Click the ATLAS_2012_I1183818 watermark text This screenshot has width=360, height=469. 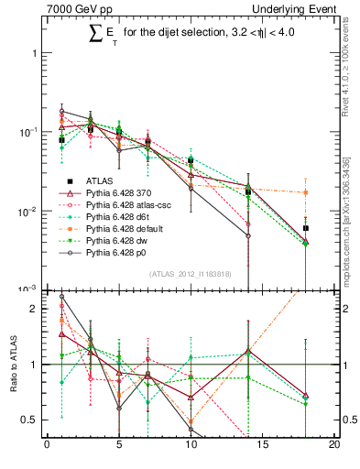click(191, 274)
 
